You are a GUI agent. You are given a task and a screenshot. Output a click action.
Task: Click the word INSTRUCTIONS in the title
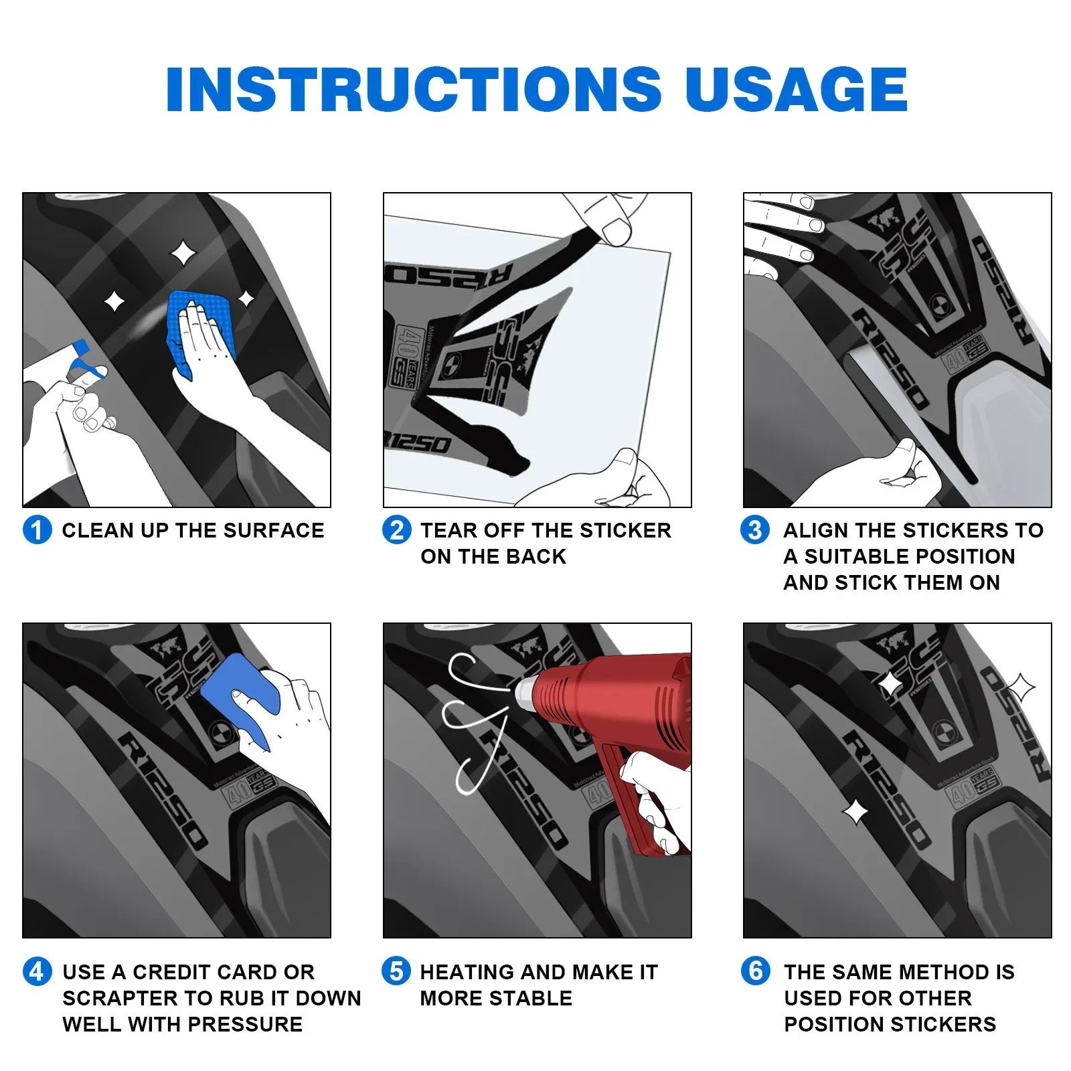pyautogui.click(x=414, y=89)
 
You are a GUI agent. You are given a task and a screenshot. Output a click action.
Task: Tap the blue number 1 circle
pyautogui.click(x=37, y=530)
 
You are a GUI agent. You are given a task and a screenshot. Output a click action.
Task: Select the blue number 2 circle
pyautogui.click(x=397, y=530)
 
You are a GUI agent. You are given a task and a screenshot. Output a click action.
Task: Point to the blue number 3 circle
pyautogui.click(x=755, y=530)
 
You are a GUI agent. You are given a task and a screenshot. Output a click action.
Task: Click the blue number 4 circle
pyautogui.click(x=37, y=972)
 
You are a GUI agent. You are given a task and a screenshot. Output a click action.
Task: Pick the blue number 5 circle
pyautogui.click(x=396, y=971)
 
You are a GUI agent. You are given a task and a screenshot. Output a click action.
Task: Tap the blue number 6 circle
pyautogui.click(x=756, y=971)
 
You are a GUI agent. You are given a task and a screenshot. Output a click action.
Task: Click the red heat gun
pyautogui.click(x=616, y=736)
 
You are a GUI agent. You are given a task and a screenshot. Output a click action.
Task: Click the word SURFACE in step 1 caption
pyautogui.click(x=274, y=531)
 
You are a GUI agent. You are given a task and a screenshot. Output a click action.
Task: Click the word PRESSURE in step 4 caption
pyautogui.click(x=246, y=1025)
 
